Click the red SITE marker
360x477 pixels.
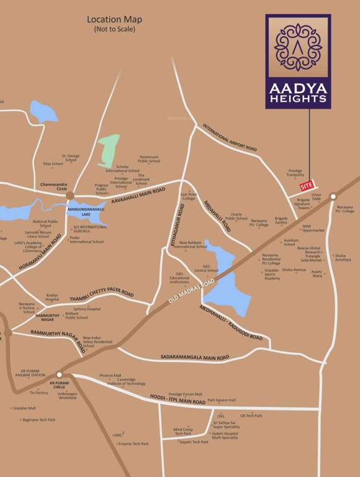[307, 185]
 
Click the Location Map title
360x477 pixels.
[114, 19]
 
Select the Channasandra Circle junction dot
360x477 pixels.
[70, 196]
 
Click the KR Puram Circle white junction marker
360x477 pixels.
[59, 375]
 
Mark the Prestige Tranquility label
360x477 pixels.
[295, 173]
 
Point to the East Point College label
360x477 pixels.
[188, 196]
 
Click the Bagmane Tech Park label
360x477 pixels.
[38, 420]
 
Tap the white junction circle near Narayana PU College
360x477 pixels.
[333, 196]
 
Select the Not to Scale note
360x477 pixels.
[114, 29]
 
